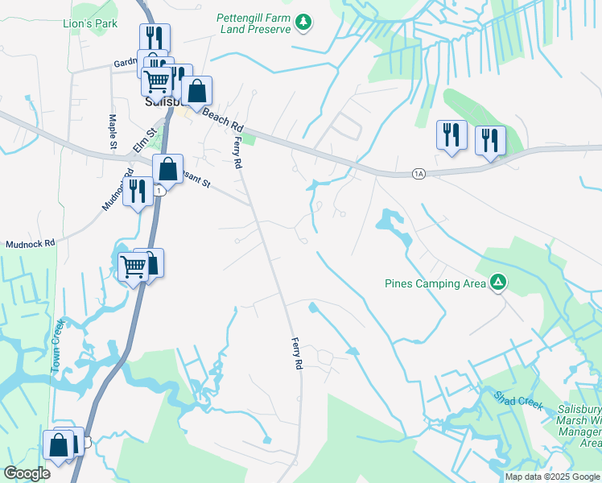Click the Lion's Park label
[90, 23]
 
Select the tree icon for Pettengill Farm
[303, 23]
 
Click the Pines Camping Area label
[435, 283]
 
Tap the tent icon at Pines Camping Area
[499, 283]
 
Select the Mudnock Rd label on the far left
[30, 242]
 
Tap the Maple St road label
[112, 130]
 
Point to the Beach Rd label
[222, 121]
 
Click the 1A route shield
[418, 174]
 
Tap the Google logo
[27, 473]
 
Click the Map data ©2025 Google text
[553, 477]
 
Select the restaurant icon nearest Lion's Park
[155, 39]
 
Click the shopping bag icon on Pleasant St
[167, 170]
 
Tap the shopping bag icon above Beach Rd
[196, 92]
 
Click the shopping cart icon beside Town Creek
[133, 266]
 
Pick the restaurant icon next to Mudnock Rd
[138, 192]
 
